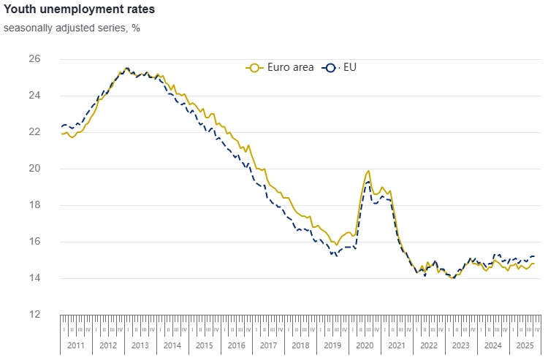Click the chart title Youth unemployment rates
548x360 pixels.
(79, 11)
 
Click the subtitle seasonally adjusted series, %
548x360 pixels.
(72, 28)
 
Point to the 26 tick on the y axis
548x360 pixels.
(34, 59)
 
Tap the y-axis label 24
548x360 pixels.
(34, 96)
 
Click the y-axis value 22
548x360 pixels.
(34, 132)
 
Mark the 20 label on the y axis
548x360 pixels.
(34, 169)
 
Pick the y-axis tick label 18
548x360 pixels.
(34, 205)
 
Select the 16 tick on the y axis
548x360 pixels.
(34, 242)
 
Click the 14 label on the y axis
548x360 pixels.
(34, 278)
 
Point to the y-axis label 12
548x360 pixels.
(34, 315)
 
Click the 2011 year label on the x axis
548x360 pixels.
(76, 345)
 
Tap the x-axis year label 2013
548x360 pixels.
(140, 345)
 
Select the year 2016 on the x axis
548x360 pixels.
(236, 345)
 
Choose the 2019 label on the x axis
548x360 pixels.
(332, 345)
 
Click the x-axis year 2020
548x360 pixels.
(364, 345)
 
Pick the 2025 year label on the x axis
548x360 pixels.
(525, 345)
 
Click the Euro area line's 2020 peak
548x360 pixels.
(368, 171)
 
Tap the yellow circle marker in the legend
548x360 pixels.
(254, 67)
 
